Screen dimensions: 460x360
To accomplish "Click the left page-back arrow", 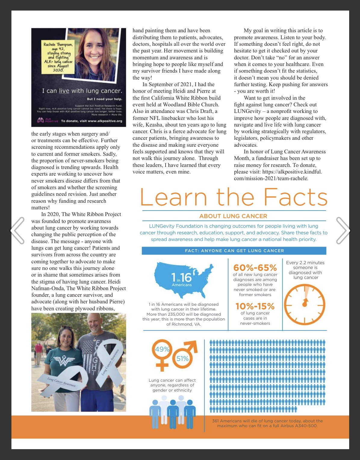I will tap(17, 230).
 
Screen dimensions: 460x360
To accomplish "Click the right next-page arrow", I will tap(343, 230).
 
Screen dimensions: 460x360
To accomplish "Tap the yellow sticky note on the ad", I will tap(58, 57).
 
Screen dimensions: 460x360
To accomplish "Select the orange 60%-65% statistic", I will tap(255, 268).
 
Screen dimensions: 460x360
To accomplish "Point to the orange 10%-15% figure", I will tap(255, 306).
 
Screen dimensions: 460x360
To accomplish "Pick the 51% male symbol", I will tap(185, 355).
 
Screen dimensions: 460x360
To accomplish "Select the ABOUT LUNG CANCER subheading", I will tap(233, 216).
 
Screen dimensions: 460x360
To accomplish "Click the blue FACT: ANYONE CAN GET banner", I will tap(234, 251).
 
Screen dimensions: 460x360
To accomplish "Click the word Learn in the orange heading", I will tap(174, 197).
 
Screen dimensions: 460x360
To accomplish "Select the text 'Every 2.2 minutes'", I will tap(305, 263).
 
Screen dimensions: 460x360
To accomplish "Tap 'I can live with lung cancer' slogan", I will tap(82, 91).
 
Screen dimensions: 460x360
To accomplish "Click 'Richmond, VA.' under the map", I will tap(184, 324).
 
